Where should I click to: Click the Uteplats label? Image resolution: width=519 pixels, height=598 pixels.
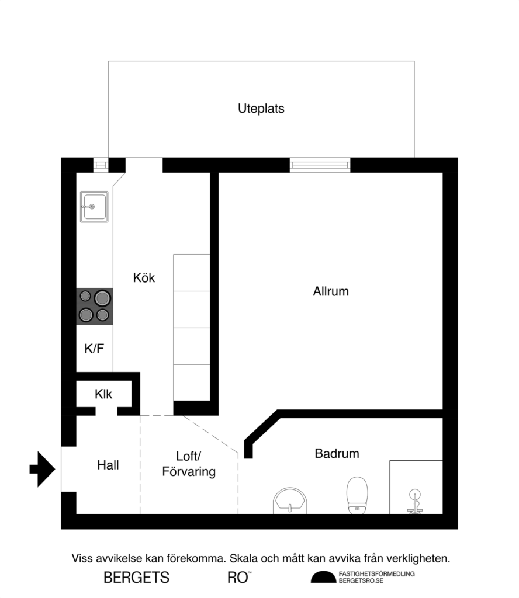[x=261, y=109]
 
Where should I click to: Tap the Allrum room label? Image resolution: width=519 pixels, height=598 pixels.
[x=331, y=291]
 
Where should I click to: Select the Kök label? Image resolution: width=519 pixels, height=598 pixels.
[x=144, y=278]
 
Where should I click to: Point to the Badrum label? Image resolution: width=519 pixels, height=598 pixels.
[x=337, y=453]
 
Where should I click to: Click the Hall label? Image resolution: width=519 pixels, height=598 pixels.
[x=108, y=465]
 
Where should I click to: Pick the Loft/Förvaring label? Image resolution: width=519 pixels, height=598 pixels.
[x=188, y=464]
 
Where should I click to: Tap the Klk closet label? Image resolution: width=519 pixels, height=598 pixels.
[x=103, y=395]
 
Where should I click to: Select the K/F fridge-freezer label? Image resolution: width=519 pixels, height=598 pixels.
[x=94, y=349]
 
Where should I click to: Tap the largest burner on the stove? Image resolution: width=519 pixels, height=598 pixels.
[x=102, y=298]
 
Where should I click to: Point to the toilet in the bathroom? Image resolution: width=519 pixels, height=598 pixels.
[x=357, y=495]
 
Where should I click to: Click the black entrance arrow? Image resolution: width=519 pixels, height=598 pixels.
[x=42, y=468]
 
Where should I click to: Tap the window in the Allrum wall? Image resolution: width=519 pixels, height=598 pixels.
[x=320, y=165]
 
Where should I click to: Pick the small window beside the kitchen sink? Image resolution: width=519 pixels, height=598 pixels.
[x=101, y=165]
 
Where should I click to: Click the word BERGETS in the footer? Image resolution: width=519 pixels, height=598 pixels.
[x=136, y=578]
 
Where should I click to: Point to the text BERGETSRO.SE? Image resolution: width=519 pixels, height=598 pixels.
[x=361, y=581]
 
